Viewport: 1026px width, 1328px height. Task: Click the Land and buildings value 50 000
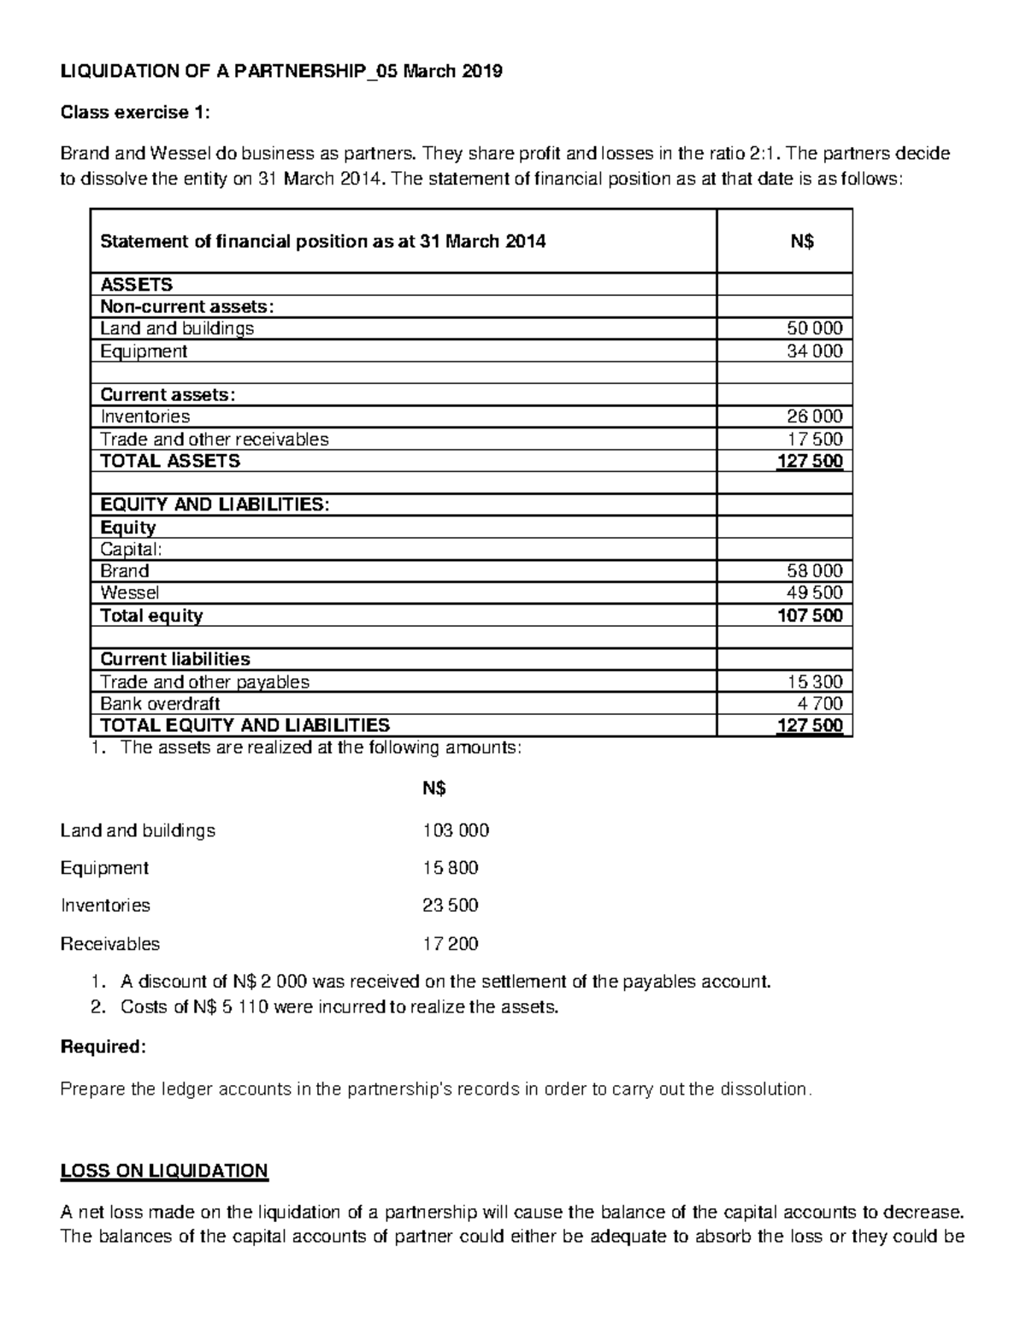tap(814, 328)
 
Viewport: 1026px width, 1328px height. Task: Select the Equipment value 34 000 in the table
tap(814, 351)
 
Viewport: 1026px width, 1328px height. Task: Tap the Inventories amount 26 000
tap(814, 416)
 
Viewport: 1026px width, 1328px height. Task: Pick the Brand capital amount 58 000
tap(814, 570)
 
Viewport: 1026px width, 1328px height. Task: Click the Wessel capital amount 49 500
tap(814, 593)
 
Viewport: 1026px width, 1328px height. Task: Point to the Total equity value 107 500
tap(810, 616)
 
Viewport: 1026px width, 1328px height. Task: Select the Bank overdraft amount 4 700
tap(820, 704)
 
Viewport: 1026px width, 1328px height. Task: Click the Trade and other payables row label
tap(204, 682)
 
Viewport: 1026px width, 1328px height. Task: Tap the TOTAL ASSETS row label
tap(170, 461)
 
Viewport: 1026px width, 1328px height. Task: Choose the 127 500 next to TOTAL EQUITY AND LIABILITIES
tap(810, 726)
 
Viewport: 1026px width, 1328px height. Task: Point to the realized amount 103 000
tap(456, 830)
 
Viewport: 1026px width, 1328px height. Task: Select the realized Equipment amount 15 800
tap(451, 868)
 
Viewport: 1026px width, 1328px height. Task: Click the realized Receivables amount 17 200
tap(451, 944)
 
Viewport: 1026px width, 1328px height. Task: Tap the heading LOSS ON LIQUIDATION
tap(164, 1171)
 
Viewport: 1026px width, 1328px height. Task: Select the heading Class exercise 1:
tap(133, 112)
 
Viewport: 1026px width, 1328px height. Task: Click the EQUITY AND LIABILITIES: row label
tap(214, 505)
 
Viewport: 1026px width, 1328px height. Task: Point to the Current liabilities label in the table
tap(175, 659)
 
